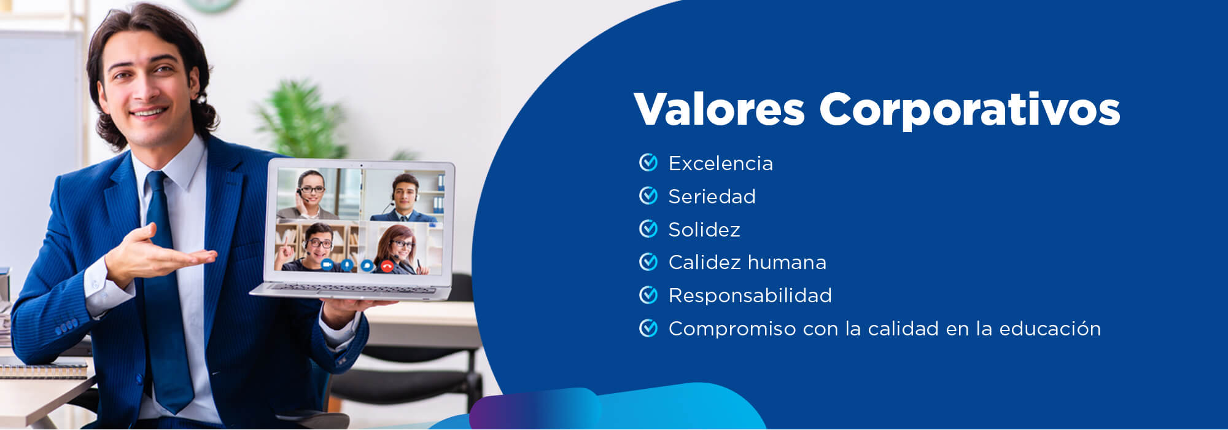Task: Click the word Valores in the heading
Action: (x=719, y=109)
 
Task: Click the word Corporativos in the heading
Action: (x=970, y=111)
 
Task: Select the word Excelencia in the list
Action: (x=720, y=163)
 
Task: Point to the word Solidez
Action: (x=704, y=230)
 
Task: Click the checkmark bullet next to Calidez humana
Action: (x=648, y=262)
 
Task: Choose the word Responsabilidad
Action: (x=750, y=295)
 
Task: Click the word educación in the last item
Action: (x=1050, y=329)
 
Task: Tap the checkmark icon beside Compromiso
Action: (x=648, y=328)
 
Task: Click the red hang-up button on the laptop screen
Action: (x=387, y=265)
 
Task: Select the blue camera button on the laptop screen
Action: (x=327, y=264)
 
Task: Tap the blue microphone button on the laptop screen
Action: (x=347, y=265)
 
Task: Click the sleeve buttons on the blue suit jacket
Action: (x=66, y=326)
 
